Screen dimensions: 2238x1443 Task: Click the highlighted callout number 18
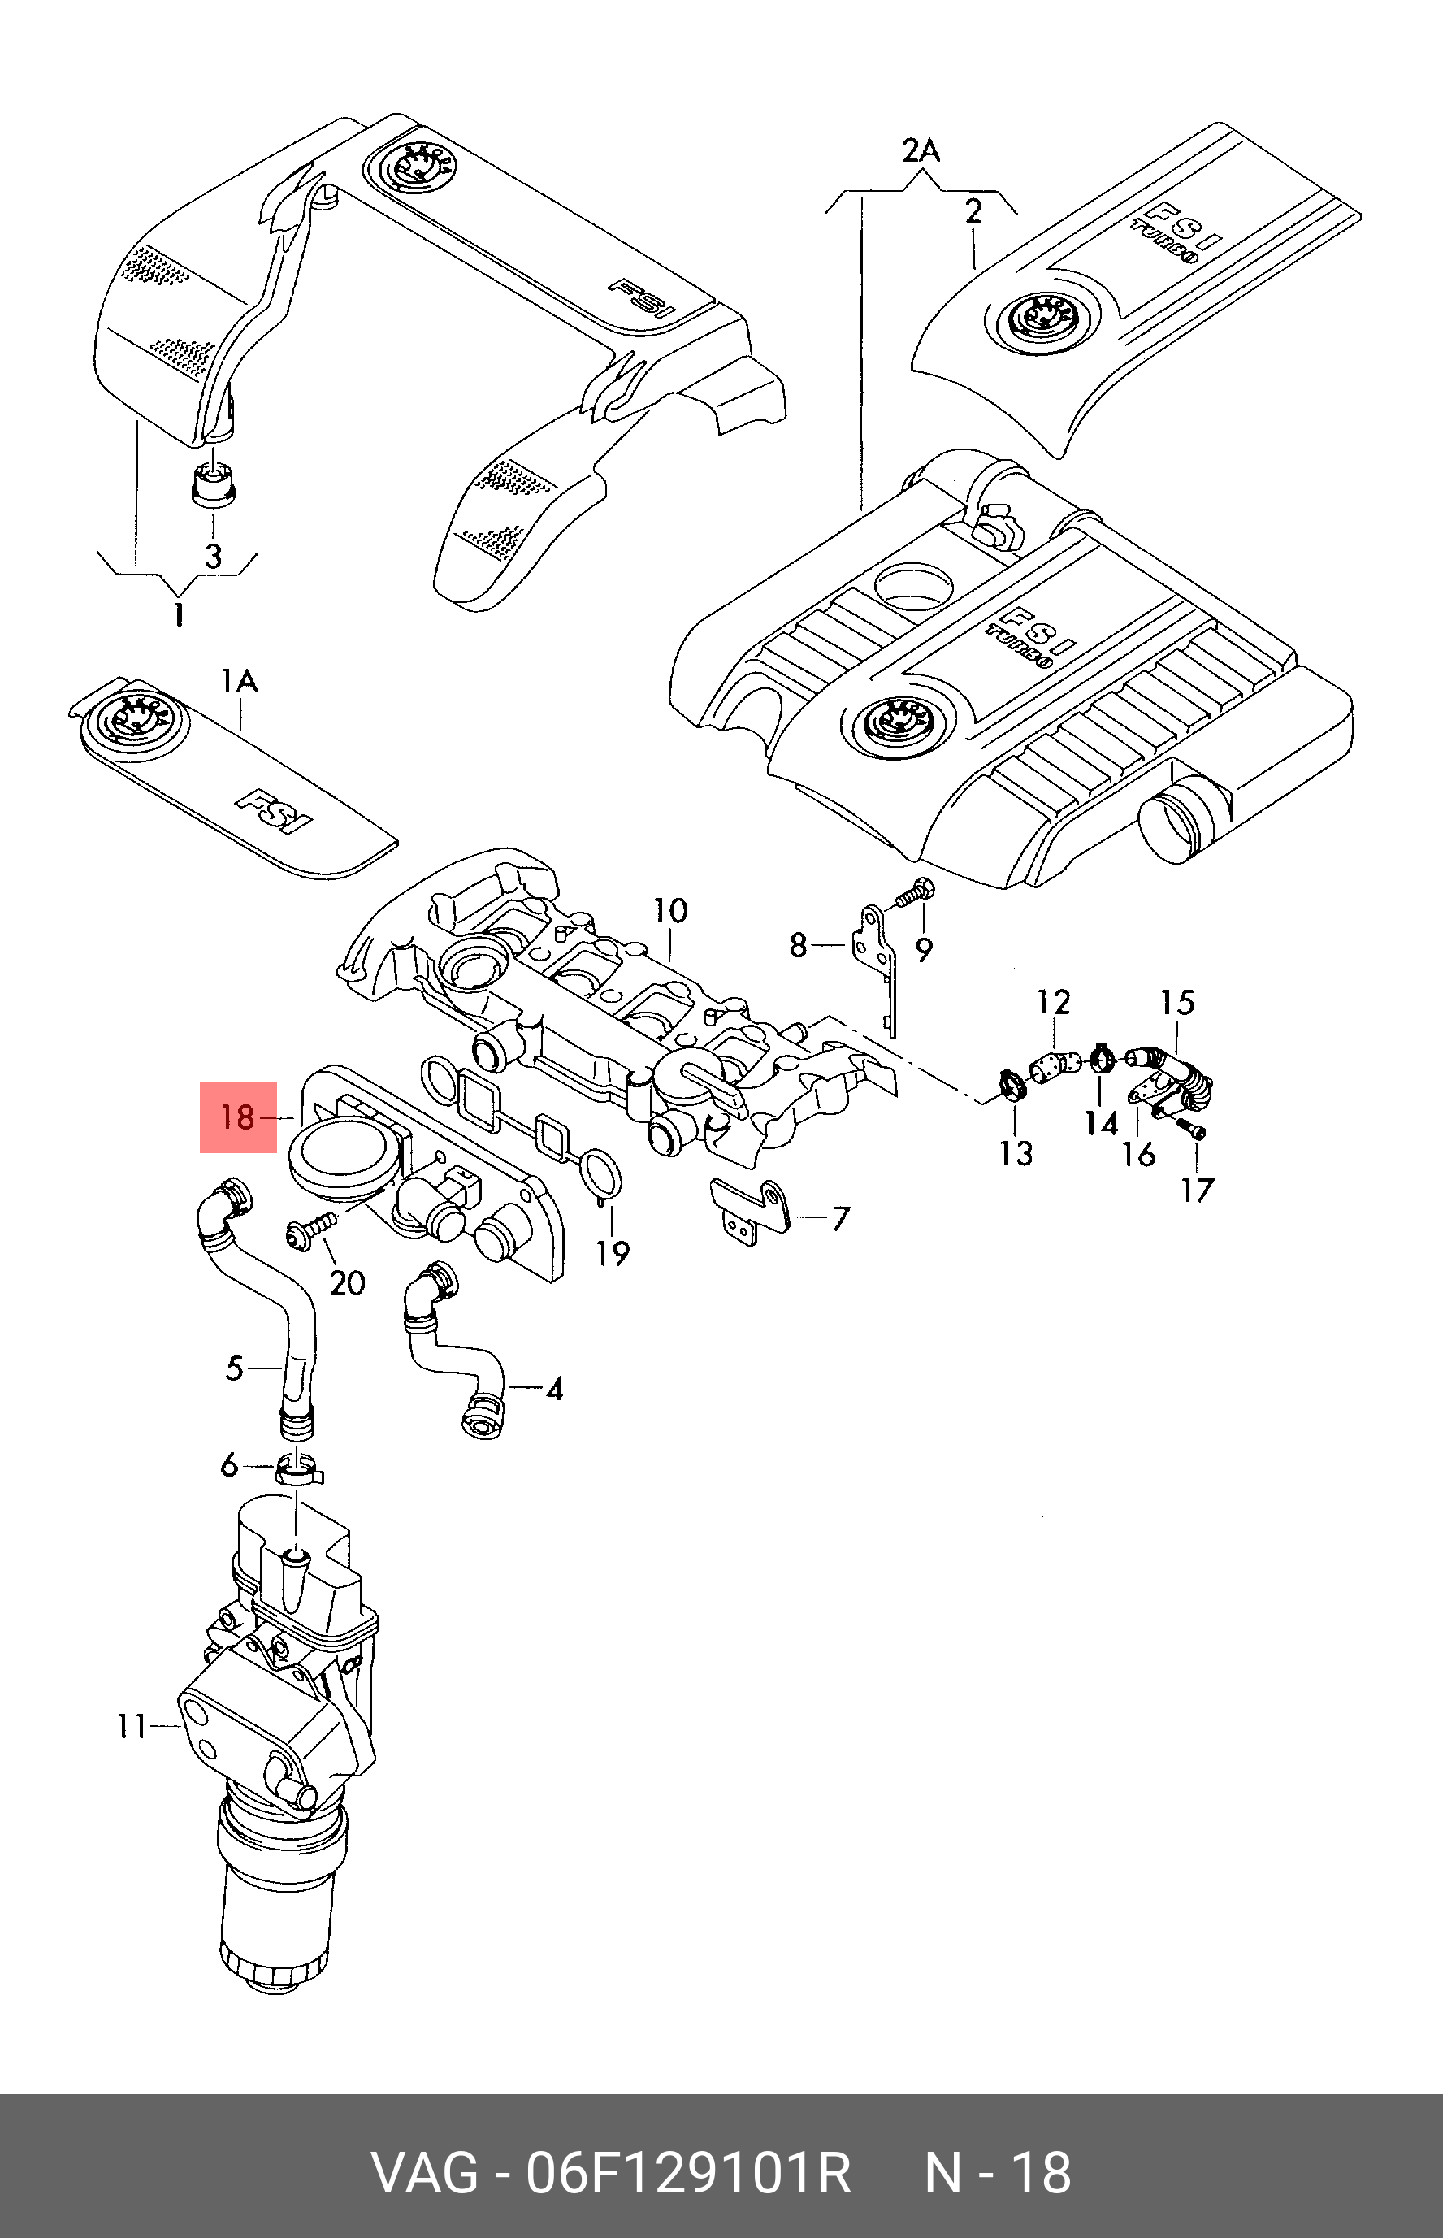[238, 1117]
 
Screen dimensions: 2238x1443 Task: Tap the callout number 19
[613, 1253]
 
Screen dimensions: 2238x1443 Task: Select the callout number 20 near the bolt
[347, 1282]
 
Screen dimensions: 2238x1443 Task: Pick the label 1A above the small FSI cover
[239, 681]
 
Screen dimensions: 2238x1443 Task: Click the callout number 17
[1197, 1191]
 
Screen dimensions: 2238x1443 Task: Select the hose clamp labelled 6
[298, 1470]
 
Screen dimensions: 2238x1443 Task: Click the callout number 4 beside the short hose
[554, 1388]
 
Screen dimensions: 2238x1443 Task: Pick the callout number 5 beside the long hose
[234, 1368]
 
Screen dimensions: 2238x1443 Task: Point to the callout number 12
[1053, 1003]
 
